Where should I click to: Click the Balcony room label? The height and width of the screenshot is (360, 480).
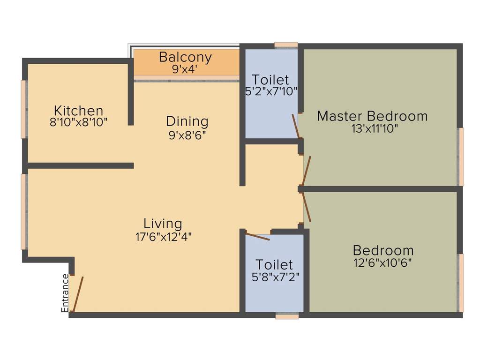tap(185, 57)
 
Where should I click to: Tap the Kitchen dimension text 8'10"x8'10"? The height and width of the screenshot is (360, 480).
tap(79, 123)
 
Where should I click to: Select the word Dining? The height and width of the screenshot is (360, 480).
tap(187, 121)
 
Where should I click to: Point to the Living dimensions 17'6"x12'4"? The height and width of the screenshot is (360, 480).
tap(163, 236)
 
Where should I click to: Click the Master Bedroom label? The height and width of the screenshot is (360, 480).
tap(372, 116)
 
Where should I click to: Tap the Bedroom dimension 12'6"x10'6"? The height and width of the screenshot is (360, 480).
tap(383, 263)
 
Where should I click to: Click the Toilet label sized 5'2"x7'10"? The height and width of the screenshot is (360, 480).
tap(270, 79)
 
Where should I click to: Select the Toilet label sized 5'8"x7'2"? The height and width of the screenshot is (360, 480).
tap(274, 265)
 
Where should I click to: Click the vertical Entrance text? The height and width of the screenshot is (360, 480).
tap(65, 293)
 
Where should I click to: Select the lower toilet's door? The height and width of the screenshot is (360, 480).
tap(258, 237)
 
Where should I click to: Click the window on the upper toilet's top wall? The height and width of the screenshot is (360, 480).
tap(286, 45)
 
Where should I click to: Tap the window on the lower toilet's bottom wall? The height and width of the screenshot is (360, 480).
tap(287, 316)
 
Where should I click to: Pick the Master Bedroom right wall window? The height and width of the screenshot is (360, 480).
tap(461, 157)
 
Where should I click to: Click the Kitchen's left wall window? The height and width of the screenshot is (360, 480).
tap(23, 109)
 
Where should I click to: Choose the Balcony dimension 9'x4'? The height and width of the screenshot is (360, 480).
tap(185, 69)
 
